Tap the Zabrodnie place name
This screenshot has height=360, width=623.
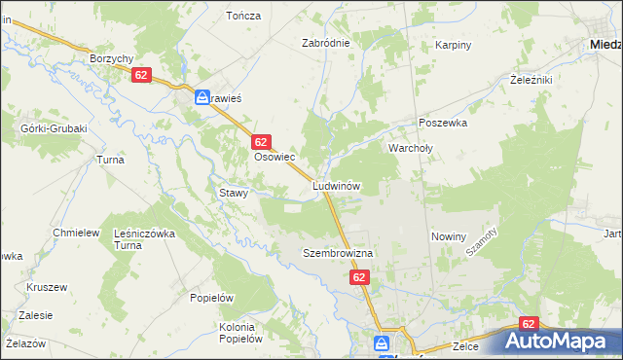(324, 43)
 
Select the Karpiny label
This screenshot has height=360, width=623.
(453, 45)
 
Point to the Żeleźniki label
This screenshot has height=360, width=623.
(531, 80)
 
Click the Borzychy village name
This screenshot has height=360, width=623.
(111, 58)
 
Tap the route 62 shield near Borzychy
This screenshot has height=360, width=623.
(142, 75)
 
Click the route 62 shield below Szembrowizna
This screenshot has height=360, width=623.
(359, 277)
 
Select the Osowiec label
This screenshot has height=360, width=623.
(275, 156)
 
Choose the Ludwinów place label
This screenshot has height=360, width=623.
(337, 185)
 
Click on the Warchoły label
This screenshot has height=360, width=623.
(409, 148)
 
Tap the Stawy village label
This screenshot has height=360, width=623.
(234, 193)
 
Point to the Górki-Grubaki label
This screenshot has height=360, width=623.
(54, 128)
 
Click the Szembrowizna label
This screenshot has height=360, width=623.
(331, 253)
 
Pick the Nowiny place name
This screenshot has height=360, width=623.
(449, 236)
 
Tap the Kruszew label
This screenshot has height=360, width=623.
(47, 288)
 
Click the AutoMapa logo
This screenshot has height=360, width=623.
(560, 341)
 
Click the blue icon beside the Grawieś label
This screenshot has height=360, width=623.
(202, 97)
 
